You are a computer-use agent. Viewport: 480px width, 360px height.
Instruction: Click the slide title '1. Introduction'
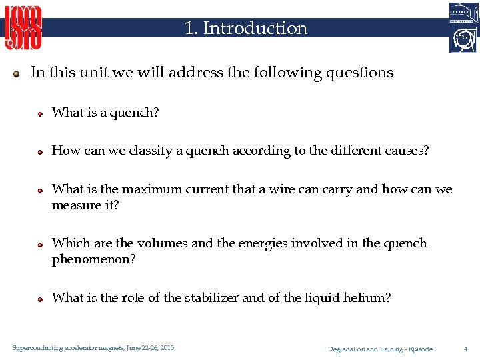tap(246, 28)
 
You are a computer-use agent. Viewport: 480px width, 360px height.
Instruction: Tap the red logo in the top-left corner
tap(24, 28)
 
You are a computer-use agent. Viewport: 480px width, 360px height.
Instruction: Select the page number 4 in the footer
tap(465, 349)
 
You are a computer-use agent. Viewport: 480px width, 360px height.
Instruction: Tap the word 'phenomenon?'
tap(93, 259)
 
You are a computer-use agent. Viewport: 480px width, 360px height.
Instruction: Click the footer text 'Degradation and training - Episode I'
tap(382, 349)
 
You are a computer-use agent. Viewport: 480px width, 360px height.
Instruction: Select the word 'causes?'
tap(407, 151)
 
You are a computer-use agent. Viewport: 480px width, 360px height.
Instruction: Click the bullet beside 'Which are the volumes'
tap(40, 244)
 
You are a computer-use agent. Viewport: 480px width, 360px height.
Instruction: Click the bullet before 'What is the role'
tap(40, 299)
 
